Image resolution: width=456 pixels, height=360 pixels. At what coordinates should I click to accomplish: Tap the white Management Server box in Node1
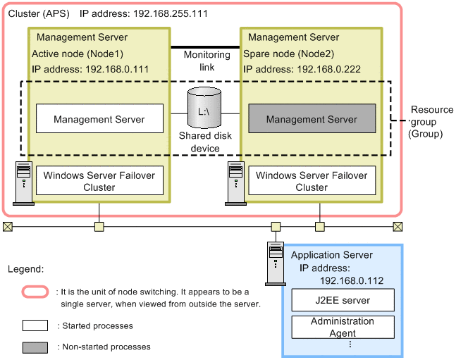click(99, 120)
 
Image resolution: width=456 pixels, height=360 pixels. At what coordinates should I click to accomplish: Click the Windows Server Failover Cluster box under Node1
click(99, 181)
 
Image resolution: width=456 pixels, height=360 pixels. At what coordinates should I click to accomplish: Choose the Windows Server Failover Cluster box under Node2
click(312, 181)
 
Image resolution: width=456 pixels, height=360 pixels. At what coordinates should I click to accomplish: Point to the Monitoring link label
click(207, 61)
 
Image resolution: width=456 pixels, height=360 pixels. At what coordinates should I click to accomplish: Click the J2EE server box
click(342, 301)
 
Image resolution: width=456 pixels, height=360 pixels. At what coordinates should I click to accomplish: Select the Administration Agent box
click(342, 327)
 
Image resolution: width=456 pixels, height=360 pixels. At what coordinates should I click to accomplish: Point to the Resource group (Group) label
click(431, 121)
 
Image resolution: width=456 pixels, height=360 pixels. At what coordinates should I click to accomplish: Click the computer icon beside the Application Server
click(275, 261)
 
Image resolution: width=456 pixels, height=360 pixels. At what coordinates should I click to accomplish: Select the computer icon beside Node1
click(24, 180)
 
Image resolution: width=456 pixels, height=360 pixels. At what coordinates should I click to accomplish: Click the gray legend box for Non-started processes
click(35, 347)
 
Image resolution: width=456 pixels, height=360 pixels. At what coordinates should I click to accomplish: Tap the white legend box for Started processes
click(35, 325)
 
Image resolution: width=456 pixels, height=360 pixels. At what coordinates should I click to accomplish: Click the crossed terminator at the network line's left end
click(7, 227)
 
